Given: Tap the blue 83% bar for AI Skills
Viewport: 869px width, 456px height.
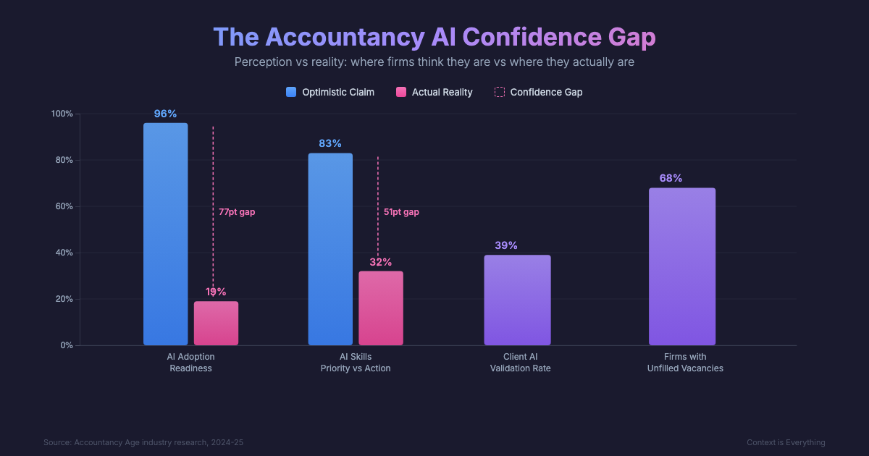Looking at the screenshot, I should click(x=330, y=249).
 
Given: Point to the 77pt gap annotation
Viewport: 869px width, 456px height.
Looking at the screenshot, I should click(x=237, y=212).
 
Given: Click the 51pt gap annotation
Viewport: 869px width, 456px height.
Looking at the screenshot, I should click(x=401, y=212).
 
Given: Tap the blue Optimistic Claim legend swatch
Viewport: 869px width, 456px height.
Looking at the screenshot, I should click(x=291, y=92).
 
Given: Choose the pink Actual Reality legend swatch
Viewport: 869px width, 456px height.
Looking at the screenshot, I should click(x=401, y=92).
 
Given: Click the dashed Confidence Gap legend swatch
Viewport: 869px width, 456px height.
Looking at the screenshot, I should click(x=499, y=92).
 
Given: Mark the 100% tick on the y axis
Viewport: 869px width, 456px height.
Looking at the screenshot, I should click(x=62, y=114).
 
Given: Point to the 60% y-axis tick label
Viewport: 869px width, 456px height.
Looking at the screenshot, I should click(x=63, y=206).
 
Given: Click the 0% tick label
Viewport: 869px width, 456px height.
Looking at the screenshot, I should click(x=66, y=345).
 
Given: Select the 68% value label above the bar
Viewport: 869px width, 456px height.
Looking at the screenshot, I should click(x=671, y=178).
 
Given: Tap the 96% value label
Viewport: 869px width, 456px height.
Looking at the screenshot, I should click(x=165, y=114).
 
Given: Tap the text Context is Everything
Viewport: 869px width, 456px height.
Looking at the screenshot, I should click(x=786, y=442).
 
